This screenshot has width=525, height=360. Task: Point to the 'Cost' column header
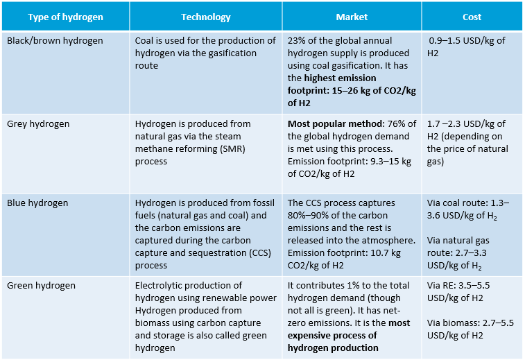tap(472, 17)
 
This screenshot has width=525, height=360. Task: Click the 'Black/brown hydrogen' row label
tap(55, 41)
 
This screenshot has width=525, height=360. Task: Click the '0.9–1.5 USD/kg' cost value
tap(460, 41)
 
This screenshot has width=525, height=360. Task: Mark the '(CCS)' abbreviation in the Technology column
tap(257, 253)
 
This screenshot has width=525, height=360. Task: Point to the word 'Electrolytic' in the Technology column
tap(158, 285)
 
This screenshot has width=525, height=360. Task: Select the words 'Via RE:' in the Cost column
tap(442, 285)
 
